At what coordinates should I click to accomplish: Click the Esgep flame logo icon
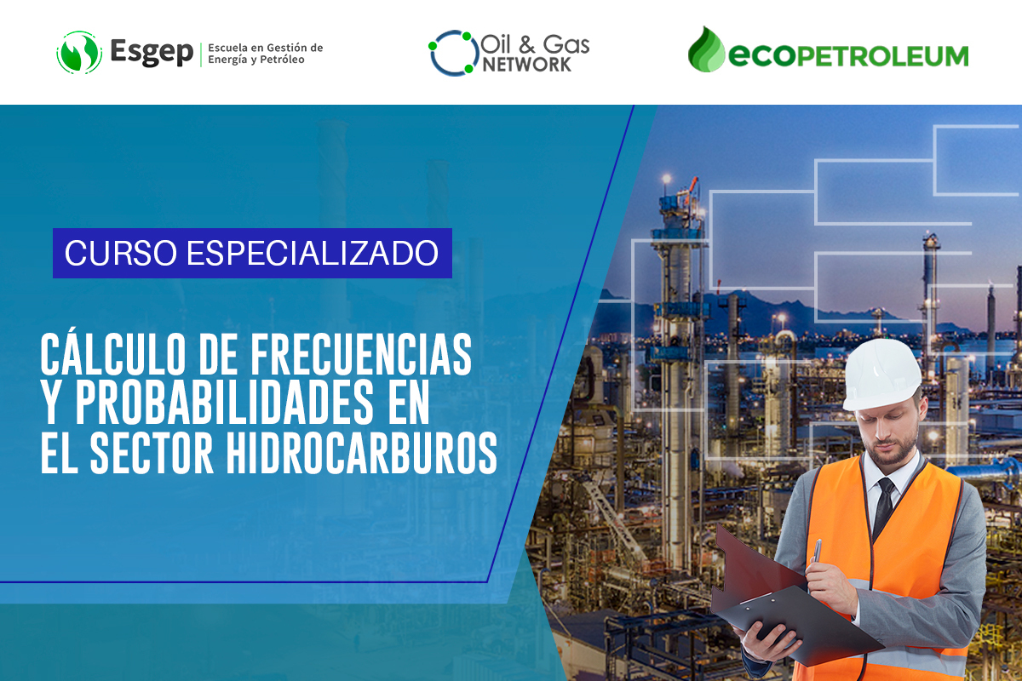(x=79, y=52)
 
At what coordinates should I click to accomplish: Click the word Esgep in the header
(x=152, y=52)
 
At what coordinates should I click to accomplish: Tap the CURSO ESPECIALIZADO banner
(x=252, y=253)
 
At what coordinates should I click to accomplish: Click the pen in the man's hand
(x=816, y=552)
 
